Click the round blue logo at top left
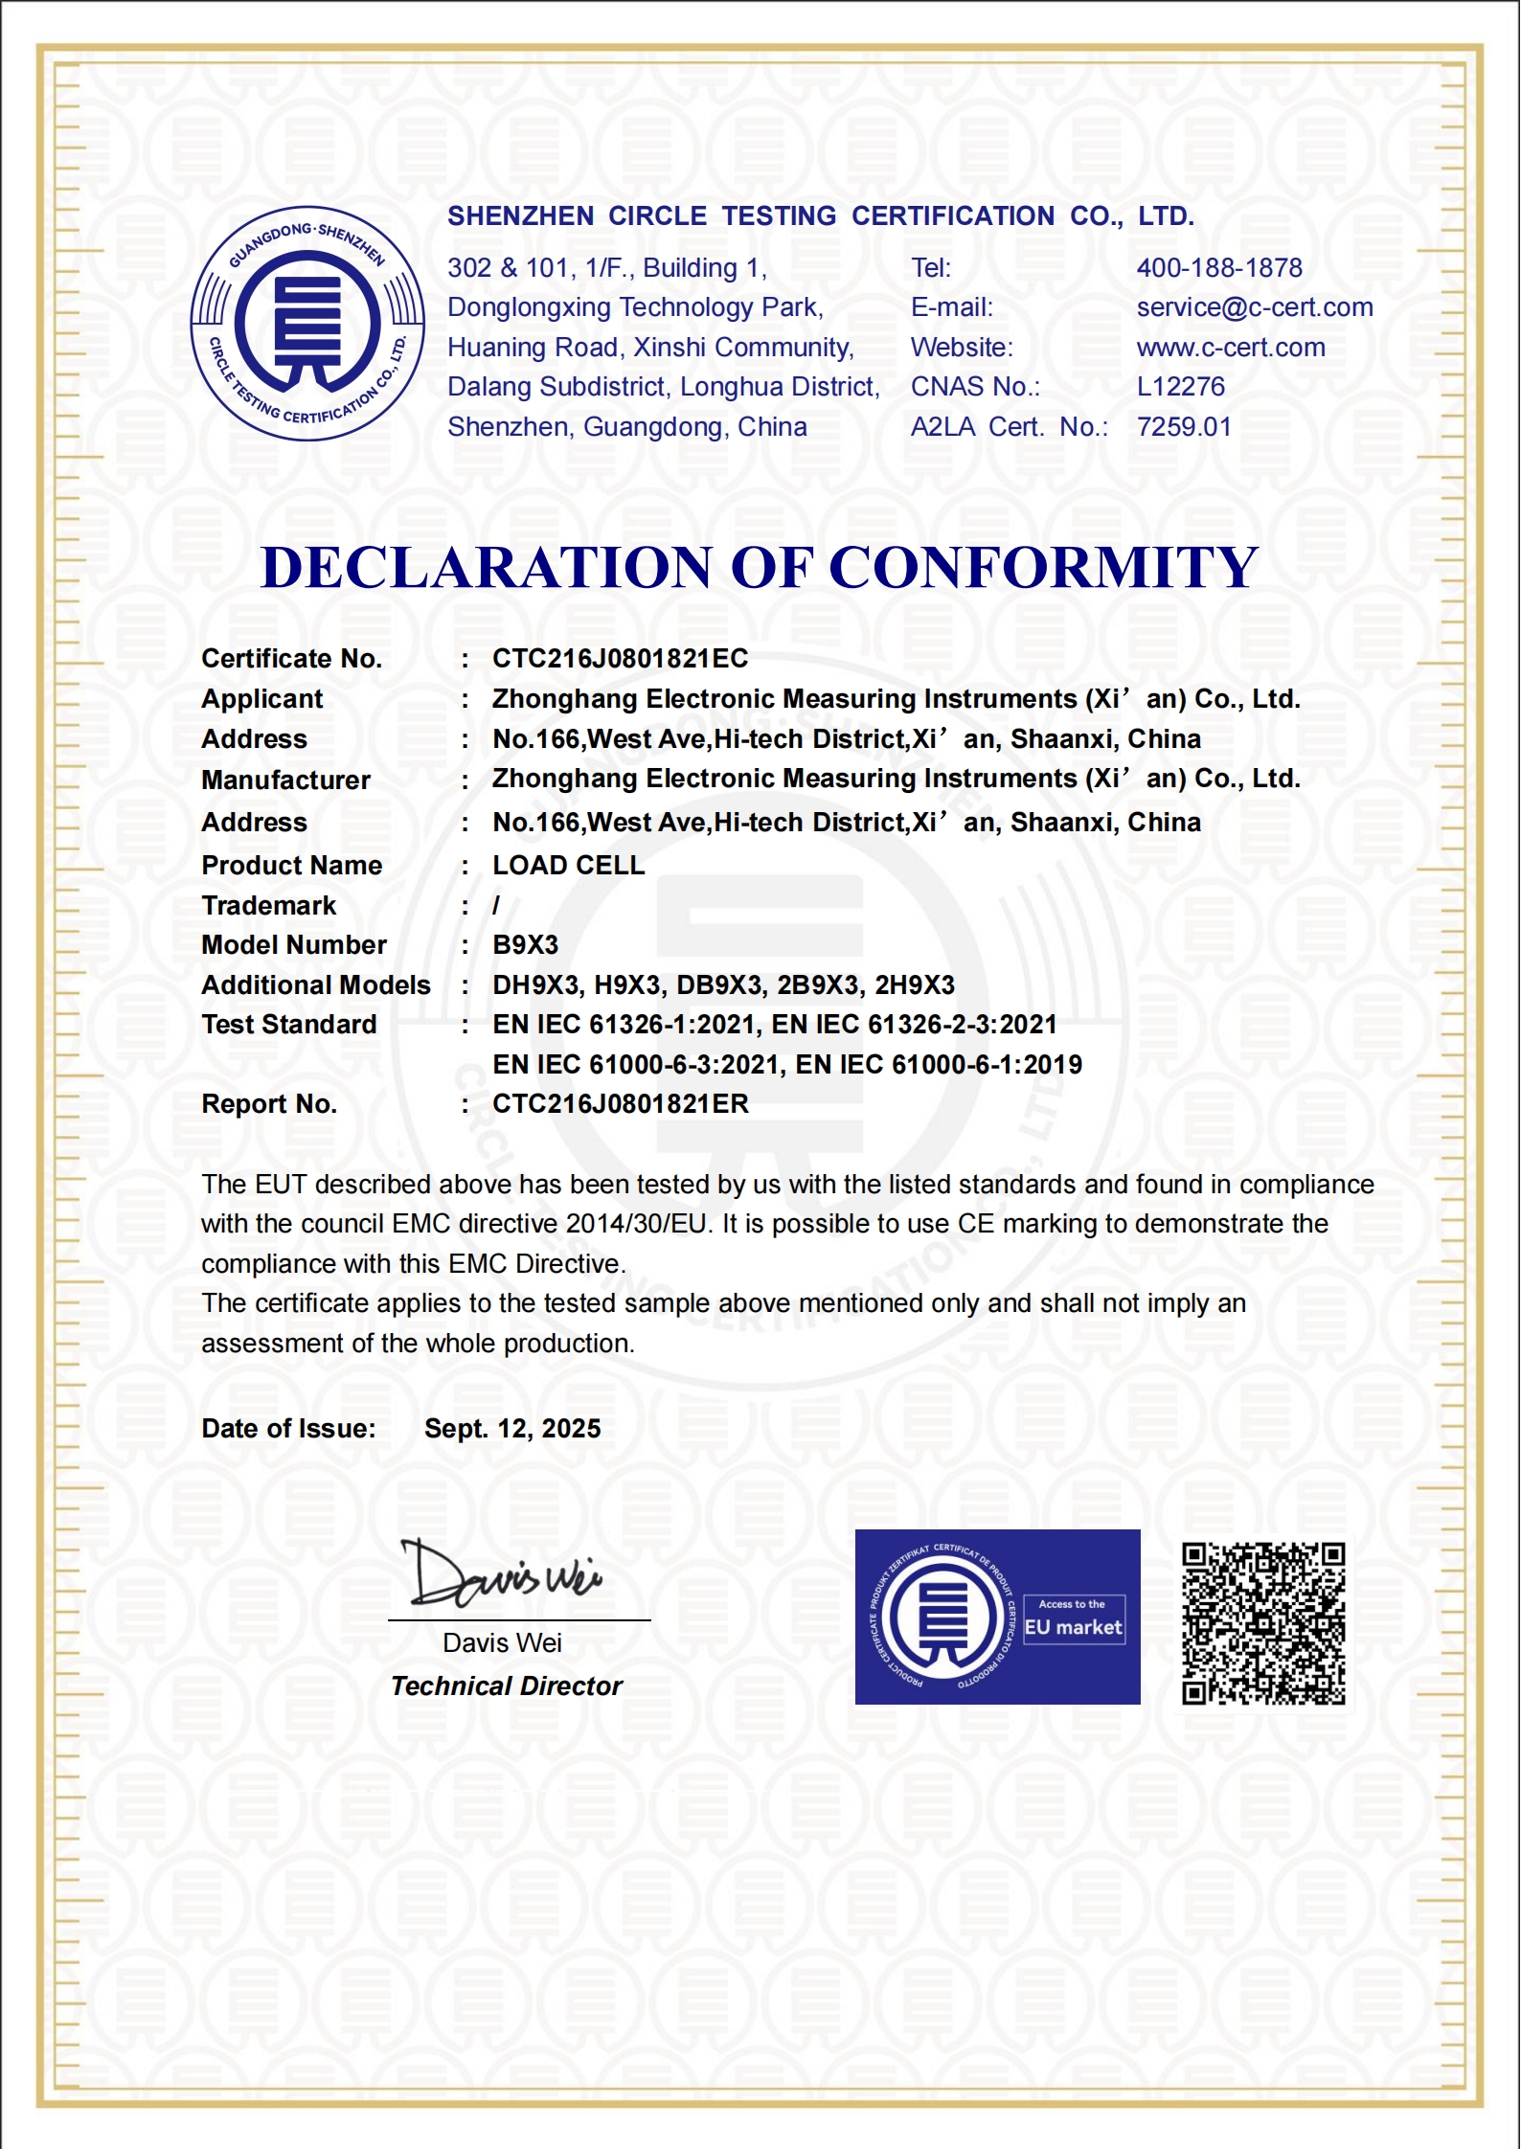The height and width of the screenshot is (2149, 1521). click(307, 324)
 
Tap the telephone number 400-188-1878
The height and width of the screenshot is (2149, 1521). click(1219, 268)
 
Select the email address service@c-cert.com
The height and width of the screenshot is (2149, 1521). click(1255, 307)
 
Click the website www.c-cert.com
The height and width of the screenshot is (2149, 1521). click(1231, 348)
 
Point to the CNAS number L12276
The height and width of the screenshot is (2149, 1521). click(1180, 387)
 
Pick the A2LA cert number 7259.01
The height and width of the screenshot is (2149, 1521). click(1184, 427)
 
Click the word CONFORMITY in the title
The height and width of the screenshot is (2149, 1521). click(1043, 567)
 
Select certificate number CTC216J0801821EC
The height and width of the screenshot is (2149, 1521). click(620, 659)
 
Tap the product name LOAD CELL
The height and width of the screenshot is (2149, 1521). click(568, 866)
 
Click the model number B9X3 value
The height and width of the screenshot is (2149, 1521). click(525, 945)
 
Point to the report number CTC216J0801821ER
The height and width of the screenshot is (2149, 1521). click(620, 1104)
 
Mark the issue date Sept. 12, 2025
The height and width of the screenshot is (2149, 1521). click(512, 1429)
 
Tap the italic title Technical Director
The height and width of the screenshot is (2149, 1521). click(506, 1686)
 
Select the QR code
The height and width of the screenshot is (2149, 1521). click(1263, 1623)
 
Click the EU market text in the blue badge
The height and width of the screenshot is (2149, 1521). click(1073, 1627)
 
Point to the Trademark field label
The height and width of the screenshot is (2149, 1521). click(269, 906)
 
